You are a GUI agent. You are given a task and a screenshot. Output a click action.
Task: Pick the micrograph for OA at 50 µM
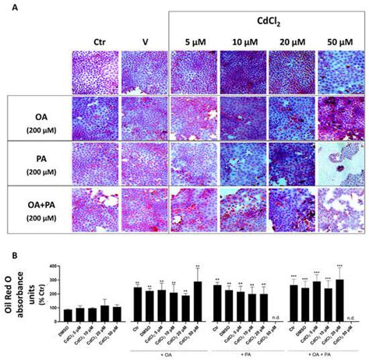tap(339, 118)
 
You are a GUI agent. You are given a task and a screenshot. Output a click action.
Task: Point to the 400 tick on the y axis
tap(51, 267)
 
